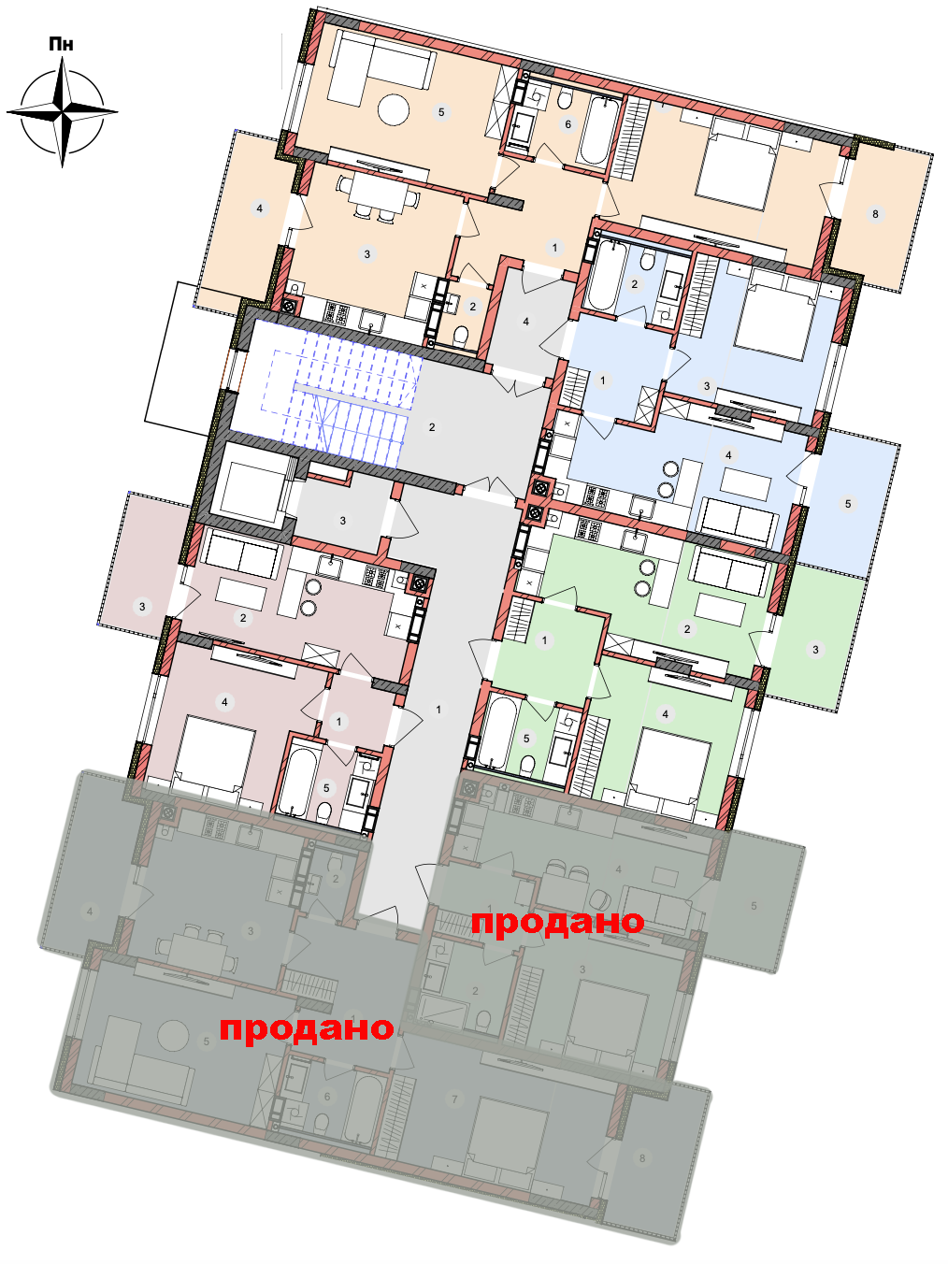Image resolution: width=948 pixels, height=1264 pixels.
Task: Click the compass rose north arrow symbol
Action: (x=62, y=112)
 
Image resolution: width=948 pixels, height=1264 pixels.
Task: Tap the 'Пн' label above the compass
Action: (x=61, y=44)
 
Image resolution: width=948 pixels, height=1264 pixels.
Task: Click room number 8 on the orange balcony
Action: (x=875, y=214)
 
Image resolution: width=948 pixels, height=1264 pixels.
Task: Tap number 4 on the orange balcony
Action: (x=260, y=208)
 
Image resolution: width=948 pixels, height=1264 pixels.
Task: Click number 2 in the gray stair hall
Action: (x=432, y=427)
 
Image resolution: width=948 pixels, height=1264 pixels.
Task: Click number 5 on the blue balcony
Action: (x=847, y=504)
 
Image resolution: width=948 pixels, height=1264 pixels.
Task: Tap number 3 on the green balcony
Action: (x=815, y=650)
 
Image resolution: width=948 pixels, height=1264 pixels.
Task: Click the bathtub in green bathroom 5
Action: (x=496, y=732)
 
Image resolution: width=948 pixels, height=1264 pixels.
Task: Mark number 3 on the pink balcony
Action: (x=142, y=606)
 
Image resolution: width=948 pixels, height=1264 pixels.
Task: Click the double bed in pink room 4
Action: (x=212, y=758)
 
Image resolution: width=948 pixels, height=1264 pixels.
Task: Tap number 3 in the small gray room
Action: (x=343, y=521)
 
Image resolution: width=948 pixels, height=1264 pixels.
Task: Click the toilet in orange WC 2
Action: (x=461, y=337)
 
